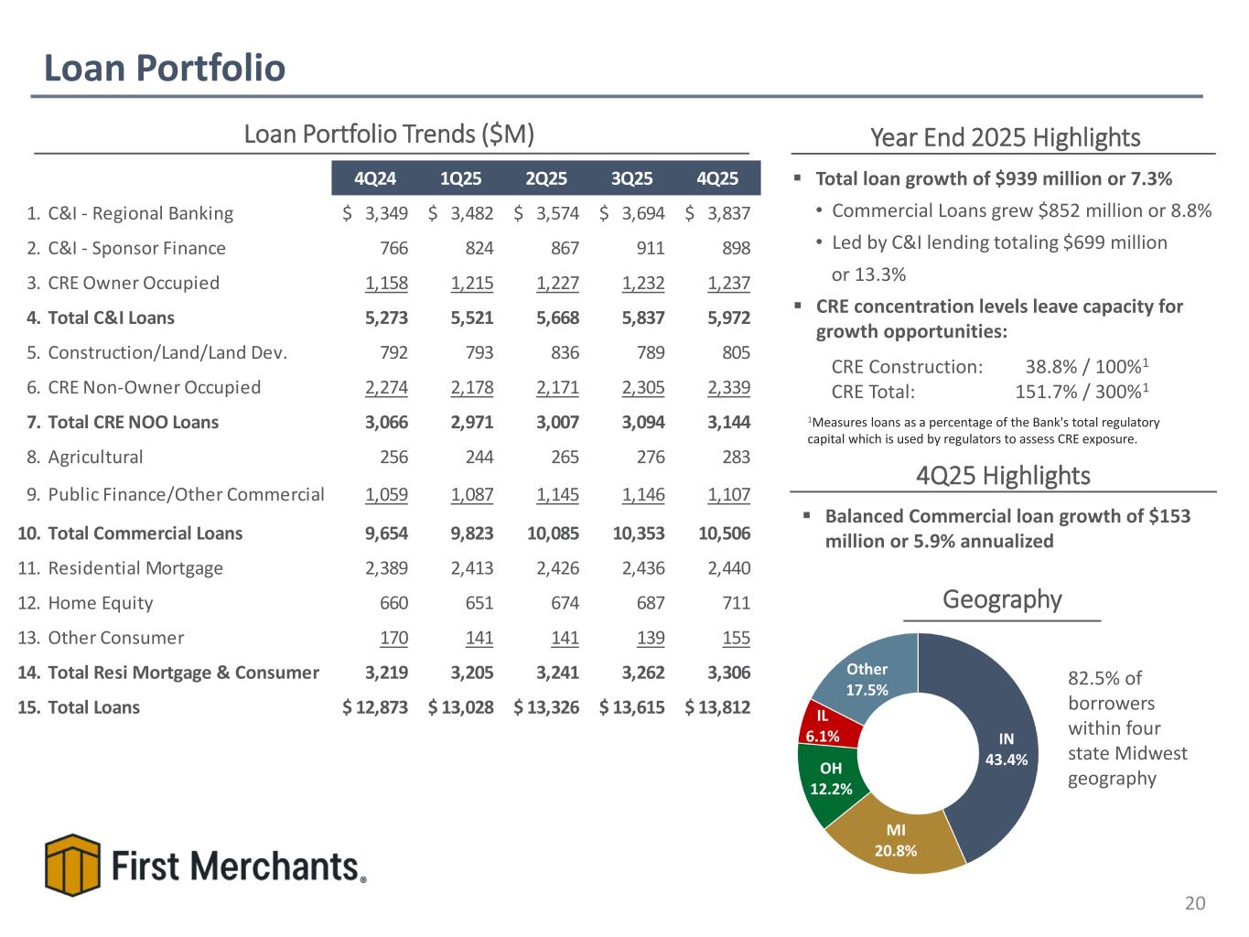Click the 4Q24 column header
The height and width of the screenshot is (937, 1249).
click(x=374, y=178)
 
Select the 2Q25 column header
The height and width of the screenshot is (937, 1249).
click(x=546, y=178)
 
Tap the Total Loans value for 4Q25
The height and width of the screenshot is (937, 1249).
click(x=718, y=707)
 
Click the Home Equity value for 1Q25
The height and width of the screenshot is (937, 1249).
click(x=474, y=603)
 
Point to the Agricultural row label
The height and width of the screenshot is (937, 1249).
click(x=95, y=457)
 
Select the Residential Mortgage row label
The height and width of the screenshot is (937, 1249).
click(x=135, y=568)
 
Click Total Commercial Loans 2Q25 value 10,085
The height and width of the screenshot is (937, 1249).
click(x=553, y=533)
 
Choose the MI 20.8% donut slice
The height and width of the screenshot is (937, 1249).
click(x=897, y=842)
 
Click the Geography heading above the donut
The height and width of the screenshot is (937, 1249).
click(x=1002, y=600)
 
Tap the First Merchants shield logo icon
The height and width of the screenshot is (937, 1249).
click(x=72, y=865)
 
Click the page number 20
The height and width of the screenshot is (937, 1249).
click(x=1195, y=904)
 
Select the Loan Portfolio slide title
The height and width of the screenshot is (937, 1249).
click(x=165, y=68)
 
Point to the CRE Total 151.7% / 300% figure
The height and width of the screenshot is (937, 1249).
click(x=1082, y=393)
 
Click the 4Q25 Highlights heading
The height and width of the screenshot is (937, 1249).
click(x=1003, y=476)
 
